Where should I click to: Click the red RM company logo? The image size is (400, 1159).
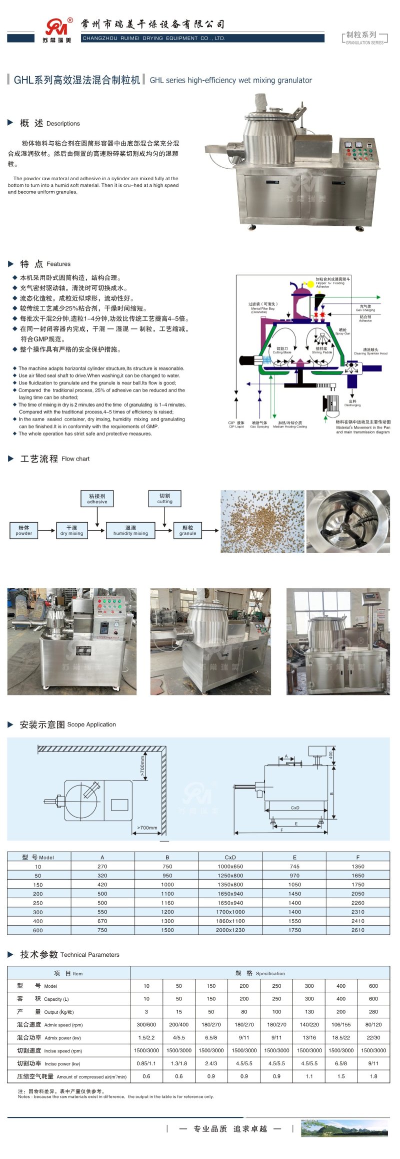click(x=56, y=28)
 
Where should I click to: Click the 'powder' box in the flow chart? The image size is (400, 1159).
click(x=23, y=531)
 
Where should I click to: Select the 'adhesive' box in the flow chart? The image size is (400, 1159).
click(x=97, y=499)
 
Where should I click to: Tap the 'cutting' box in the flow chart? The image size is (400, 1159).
click(x=164, y=498)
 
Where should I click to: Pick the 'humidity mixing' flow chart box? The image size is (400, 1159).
click(x=130, y=531)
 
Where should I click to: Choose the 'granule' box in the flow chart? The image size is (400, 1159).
click(x=187, y=531)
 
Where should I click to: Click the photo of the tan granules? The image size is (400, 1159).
click(x=262, y=521)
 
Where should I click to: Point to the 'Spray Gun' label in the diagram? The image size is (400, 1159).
click(x=342, y=331)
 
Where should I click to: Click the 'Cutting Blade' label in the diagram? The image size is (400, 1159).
click(x=282, y=350)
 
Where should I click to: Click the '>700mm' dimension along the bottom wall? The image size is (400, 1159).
click(x=147, y=828)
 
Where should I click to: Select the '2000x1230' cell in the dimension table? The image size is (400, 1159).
click(x=230, y=930)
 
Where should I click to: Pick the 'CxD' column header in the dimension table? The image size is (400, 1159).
click(x=230, y=857)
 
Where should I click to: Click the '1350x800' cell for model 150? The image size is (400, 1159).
click(x=230, y=885)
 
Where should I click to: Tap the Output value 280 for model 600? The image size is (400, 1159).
click(x=373, y=1012)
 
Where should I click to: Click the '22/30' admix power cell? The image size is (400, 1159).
click(x=373, y=1038)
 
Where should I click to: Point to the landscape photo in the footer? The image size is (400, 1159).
click(x=344, y=1128)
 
